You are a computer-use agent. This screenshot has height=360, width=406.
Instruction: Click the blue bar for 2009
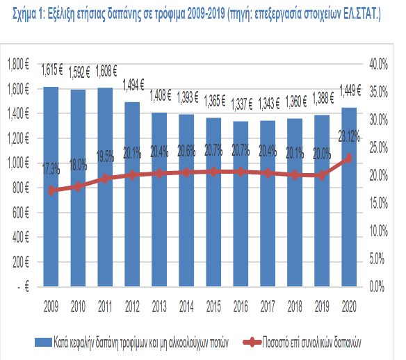51,186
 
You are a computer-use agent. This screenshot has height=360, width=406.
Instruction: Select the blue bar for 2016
241,204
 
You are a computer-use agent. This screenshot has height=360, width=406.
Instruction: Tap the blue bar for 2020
349,197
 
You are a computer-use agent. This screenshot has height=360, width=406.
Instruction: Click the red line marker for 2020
349,158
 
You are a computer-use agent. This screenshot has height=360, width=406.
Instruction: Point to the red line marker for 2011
105,179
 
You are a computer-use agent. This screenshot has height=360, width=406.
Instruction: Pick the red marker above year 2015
213,172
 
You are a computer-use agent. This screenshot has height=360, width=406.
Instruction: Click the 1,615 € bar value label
52,69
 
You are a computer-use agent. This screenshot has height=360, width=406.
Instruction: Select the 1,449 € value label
350,90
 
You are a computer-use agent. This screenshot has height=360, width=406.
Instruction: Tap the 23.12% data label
349,136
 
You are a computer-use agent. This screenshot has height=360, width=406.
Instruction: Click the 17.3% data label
51,170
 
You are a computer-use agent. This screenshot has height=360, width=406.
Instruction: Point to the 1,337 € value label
241,104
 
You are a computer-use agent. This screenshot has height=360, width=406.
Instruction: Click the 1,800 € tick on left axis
18,64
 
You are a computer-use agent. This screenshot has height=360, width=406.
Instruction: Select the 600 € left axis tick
21,213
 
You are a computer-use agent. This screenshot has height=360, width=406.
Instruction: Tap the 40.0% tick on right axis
379,64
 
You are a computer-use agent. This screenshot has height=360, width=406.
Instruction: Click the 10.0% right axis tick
379,231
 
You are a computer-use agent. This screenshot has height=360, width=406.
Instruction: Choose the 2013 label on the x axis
159,306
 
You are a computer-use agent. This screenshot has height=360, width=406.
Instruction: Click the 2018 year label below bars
295,306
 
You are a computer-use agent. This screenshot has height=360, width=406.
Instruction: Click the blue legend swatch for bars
43,342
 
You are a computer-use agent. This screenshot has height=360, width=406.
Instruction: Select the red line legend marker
252,343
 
